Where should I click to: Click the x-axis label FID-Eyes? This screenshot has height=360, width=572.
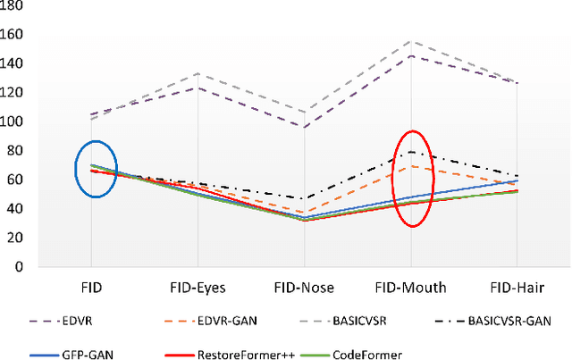(x=198, y=288)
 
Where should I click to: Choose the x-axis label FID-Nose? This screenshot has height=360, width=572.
(x=304, y=288)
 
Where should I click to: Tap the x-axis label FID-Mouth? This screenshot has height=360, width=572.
(x=411, y=288)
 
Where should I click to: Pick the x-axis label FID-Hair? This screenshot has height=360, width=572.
(x=517, y=288)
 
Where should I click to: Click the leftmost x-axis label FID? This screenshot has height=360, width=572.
(x=91, y=288)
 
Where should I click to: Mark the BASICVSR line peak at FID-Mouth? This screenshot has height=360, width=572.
(x=411, y=41)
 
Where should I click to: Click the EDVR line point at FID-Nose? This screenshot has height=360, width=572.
(x=304, y=127)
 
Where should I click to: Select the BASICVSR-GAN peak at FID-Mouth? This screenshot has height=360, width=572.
(x=411, y=152)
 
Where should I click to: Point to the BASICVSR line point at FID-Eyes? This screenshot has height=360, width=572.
(x=198, y=73)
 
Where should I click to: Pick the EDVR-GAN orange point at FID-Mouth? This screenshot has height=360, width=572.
(x=411, y=166)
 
